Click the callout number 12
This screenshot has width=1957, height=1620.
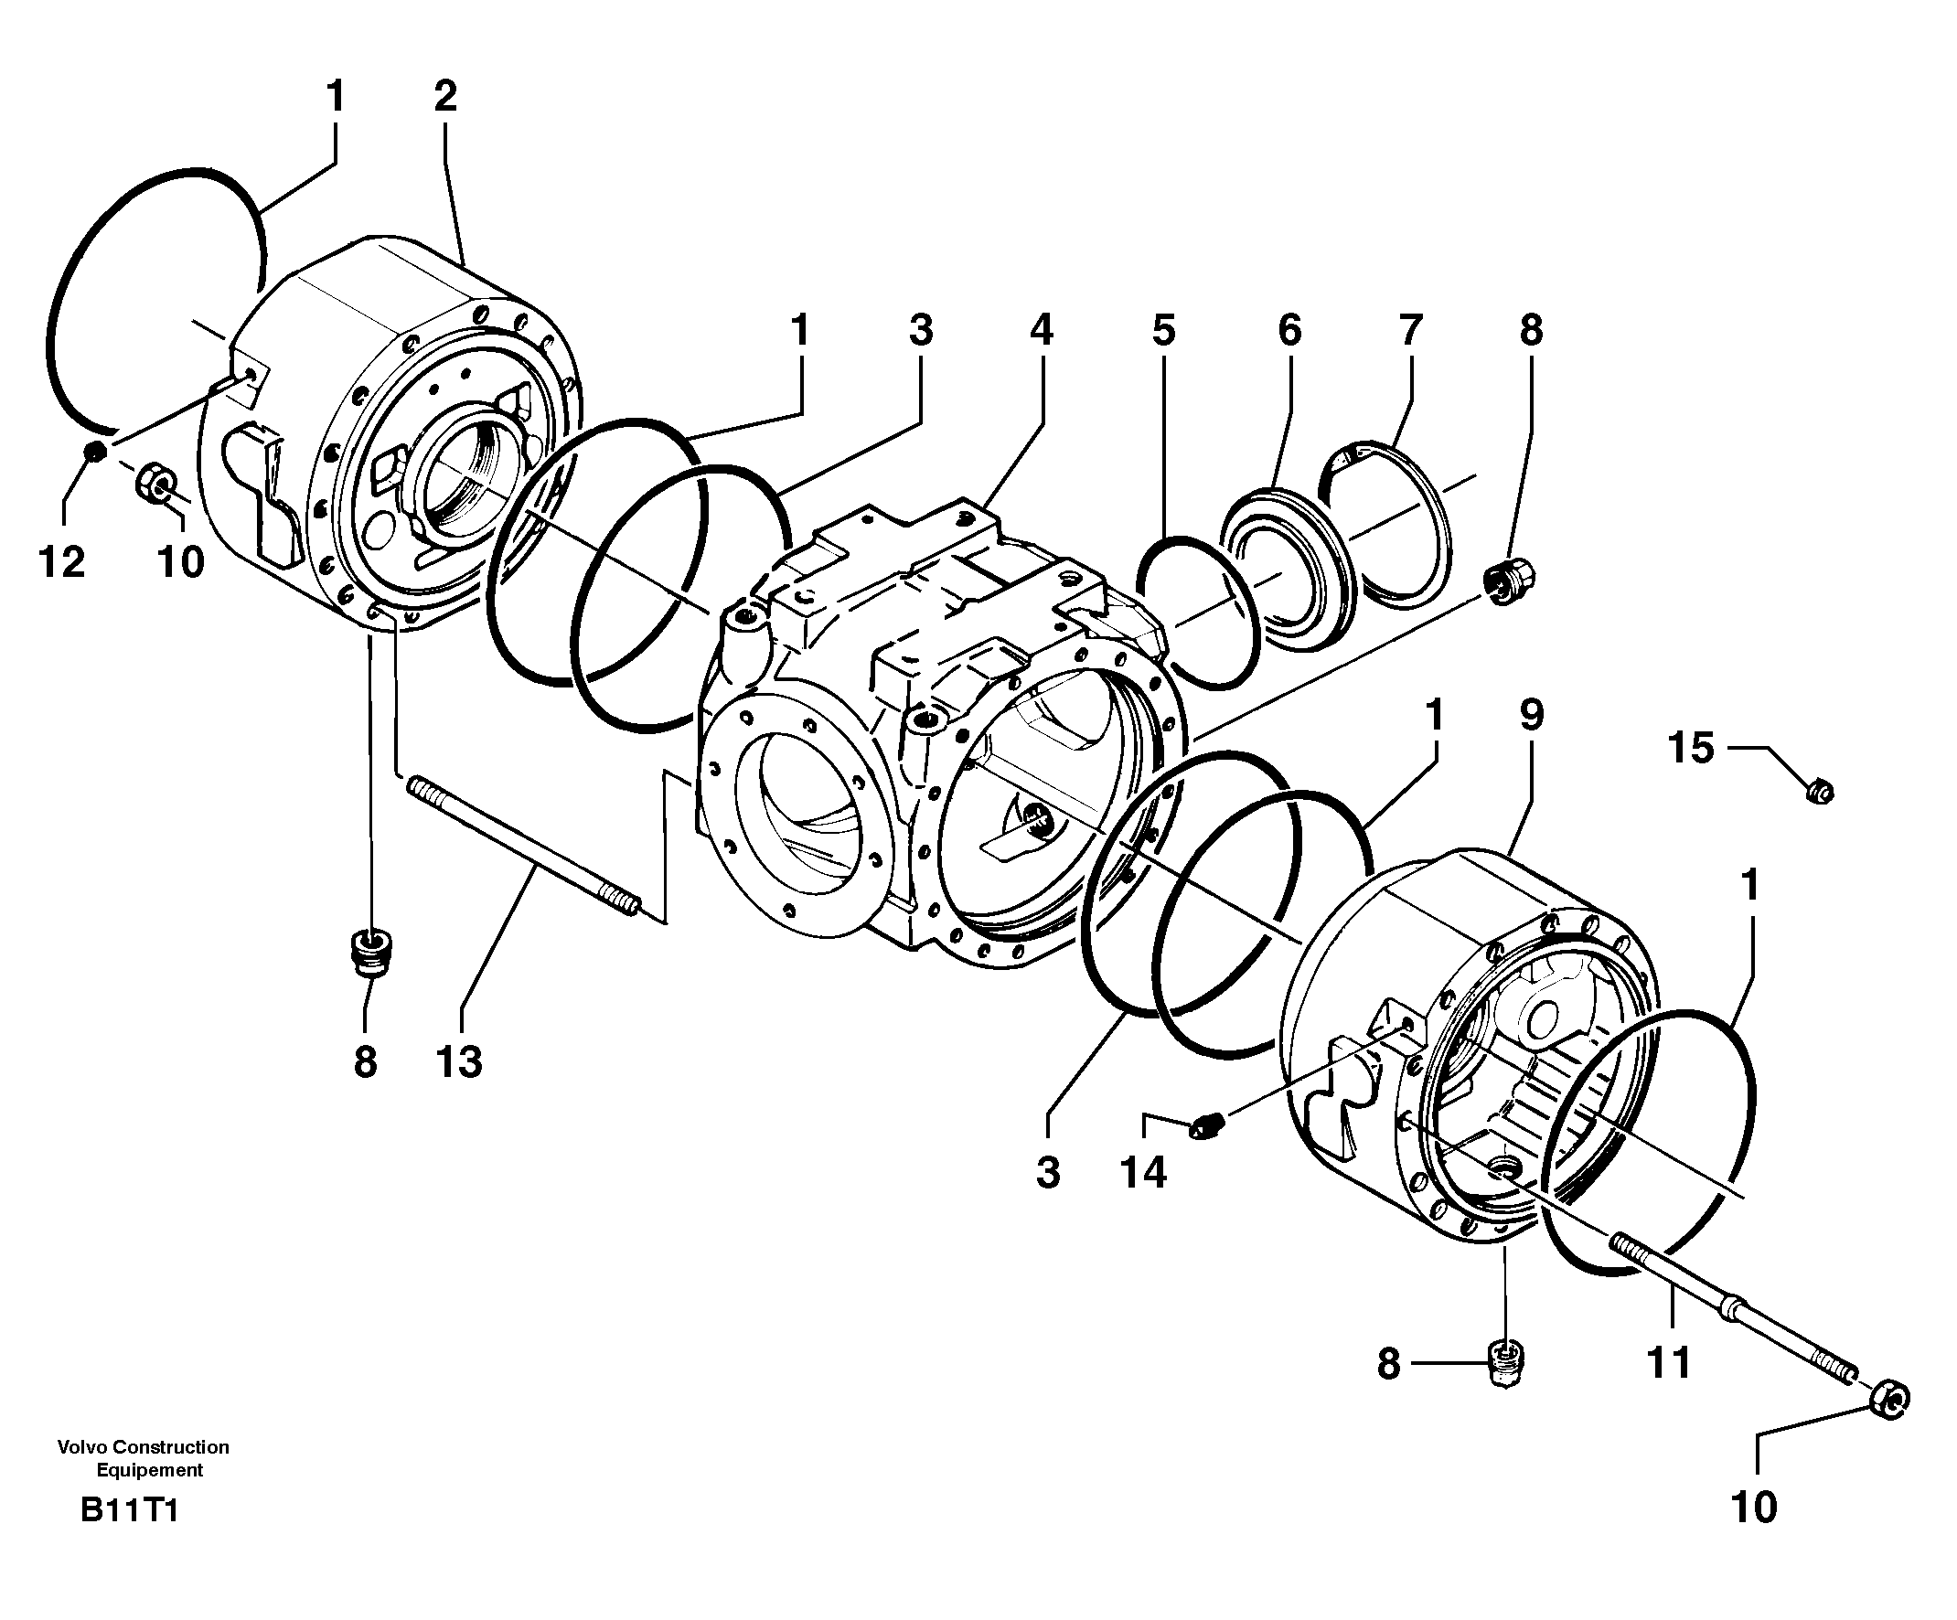click(61, 561)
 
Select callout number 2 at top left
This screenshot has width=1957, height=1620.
click(445, 97)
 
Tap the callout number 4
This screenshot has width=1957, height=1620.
click(1041, 330)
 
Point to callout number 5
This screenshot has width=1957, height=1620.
click(1163, 330)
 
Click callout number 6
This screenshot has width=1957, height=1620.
click(1289, 330)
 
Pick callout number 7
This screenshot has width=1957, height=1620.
click(1410, 330)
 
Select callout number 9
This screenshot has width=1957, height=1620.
click(1531, 716)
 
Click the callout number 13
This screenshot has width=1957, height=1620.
click(458, 1062)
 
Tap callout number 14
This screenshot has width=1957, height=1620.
click(1143, 1173)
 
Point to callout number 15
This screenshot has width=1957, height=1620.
click(1691, 748)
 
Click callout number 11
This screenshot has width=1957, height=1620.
click(1668, 1364)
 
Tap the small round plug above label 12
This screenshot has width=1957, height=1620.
click(94, 453)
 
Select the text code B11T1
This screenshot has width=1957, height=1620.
click(129, 1510)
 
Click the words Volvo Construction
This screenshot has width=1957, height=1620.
click(144, 1446)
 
